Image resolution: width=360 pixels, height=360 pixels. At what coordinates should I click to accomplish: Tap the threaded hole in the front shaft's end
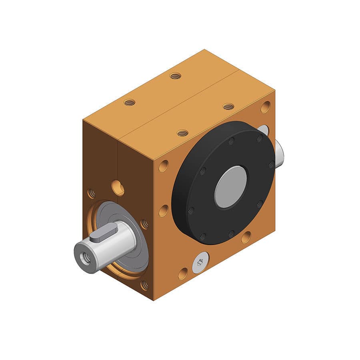[85, 258]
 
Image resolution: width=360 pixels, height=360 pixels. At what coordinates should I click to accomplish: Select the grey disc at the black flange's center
[230, 187]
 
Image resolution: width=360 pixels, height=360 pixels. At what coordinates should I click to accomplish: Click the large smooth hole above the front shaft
[118, 188]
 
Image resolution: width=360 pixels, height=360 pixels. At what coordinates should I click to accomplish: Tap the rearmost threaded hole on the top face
[175, 76]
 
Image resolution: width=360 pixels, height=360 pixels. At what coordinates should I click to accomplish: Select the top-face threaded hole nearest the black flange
[182, 133]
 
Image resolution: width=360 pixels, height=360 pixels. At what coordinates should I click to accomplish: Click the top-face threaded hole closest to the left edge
[129, 102]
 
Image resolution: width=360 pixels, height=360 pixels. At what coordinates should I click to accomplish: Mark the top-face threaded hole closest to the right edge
[228, 106]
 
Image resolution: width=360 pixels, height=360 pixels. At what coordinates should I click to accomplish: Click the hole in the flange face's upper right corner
[265, 107]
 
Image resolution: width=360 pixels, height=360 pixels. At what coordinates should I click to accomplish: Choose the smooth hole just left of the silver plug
[183, 274]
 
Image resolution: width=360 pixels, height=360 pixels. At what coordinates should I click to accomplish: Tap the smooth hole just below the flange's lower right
[246, 237]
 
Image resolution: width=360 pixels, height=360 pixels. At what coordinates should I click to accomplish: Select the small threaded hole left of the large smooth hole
[92, 193]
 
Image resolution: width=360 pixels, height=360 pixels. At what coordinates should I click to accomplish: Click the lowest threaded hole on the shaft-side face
[144, 285]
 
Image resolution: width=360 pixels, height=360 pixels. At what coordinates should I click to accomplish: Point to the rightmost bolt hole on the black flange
[271, 164]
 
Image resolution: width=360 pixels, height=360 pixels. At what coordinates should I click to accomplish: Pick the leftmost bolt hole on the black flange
[190, 210]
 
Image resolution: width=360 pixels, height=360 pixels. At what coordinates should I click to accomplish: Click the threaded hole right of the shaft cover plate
[144, 224]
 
